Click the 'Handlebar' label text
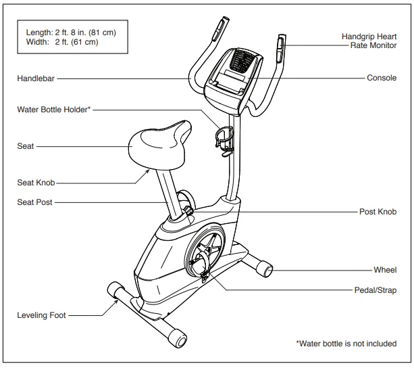coord(36,78)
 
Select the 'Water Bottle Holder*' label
coord(53,110)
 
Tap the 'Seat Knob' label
coord(36,183)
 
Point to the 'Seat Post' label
coord(34,202)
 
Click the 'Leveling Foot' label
coord(41,315)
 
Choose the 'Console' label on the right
coord(382,78)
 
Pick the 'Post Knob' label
coord(378,212)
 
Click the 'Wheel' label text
coord(385,270)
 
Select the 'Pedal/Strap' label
coord(376,290)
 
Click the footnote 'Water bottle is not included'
coord(346,344)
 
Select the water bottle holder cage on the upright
coord(224,139)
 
